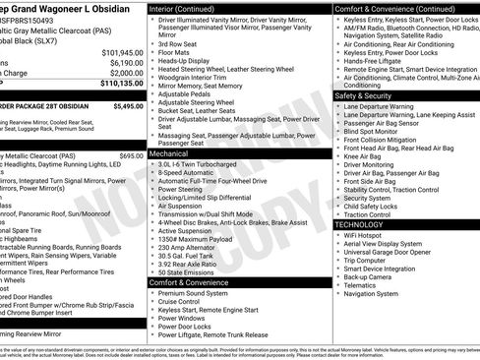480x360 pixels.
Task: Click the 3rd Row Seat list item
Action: (x=180, y=43)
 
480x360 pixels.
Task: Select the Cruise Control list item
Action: (x=186, y=301)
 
